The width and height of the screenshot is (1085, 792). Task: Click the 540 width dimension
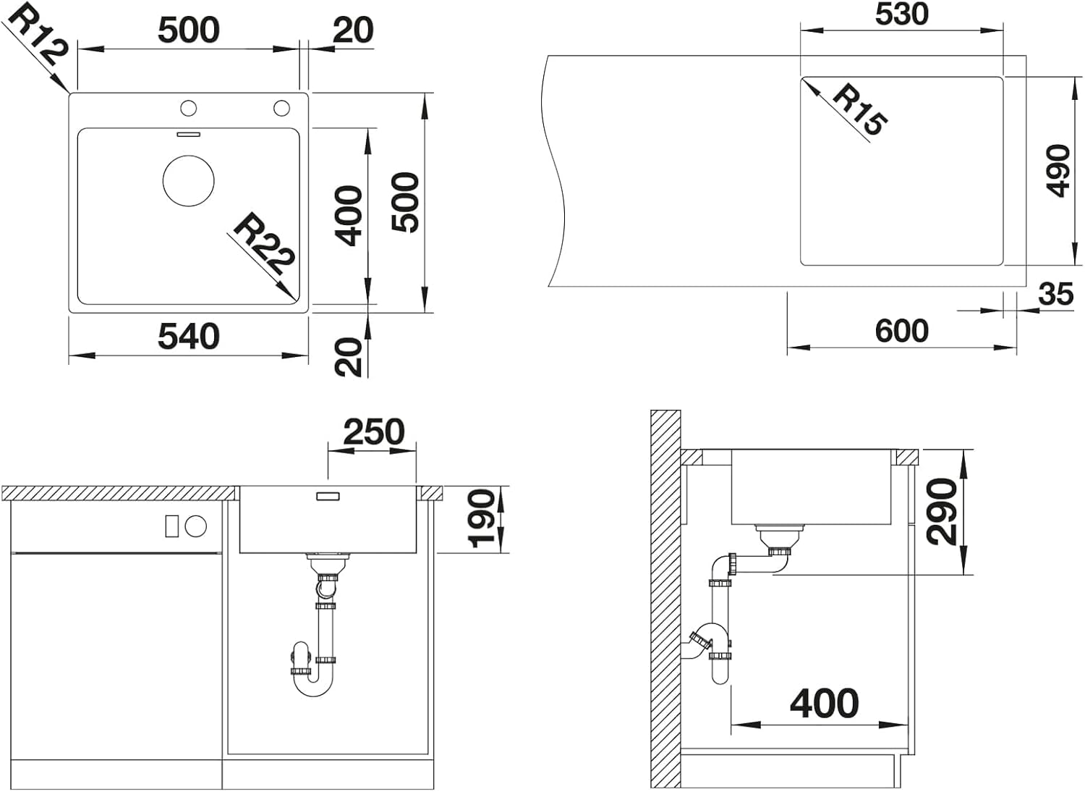pos(189,337)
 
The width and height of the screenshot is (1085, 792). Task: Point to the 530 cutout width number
pos(902,14)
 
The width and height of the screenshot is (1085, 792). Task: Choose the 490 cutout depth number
pos(1058,171)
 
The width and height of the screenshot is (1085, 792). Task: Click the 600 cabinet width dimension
pos(902,331)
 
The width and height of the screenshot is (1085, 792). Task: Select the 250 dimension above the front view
pos(374,432)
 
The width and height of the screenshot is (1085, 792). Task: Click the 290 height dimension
pos(941,511)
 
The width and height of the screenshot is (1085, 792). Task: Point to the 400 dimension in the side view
pos(825,703)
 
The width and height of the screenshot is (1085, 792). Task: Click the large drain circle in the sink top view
pos(188,181)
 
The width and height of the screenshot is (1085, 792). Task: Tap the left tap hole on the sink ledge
pos(188,108)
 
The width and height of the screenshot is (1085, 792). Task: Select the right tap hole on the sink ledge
pos(281,108)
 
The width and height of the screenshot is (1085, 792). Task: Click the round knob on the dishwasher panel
pos(196,526)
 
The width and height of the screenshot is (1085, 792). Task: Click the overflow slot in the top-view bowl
pos(188,134)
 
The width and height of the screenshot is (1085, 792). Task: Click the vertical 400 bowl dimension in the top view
pos(348,216)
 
